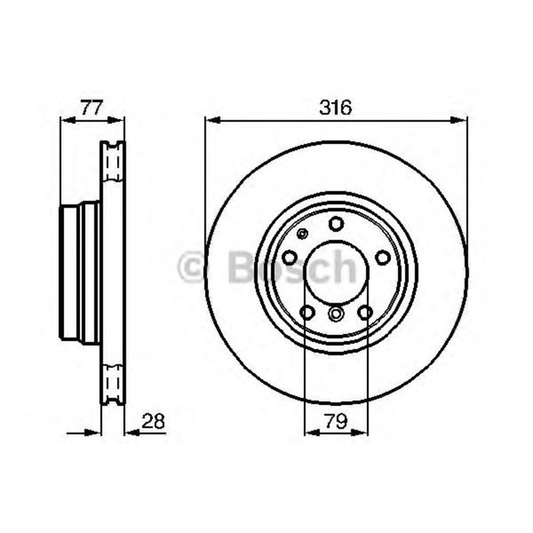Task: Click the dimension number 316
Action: click(x=335, y=108)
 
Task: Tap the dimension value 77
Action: click(x=91, y=108)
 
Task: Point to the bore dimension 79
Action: click(x=337, y=421)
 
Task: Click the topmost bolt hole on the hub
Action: click(x=336, y=224)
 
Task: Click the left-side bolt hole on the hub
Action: click(x=289, y=258)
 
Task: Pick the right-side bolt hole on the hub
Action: click(x=383, y=258)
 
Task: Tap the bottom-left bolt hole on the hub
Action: click(x=308, y=312)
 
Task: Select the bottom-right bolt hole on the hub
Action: click(x=365, y=312)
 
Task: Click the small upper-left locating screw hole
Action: click(x=303, y=234)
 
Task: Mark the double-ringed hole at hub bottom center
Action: click(x=336, y=313)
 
